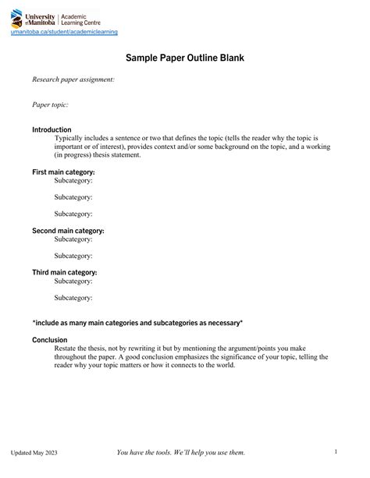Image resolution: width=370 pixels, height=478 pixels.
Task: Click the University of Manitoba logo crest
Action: [x=17, y=18]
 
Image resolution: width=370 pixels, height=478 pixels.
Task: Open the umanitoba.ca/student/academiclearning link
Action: [x=63, y=32]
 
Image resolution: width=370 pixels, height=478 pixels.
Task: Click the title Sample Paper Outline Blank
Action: [x=185, y=58]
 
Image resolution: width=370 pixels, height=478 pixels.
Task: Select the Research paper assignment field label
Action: [x=73, y=79]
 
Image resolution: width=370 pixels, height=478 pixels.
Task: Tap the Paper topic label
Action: [x=50, y=104]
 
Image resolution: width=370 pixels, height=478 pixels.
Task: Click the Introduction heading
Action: [x=52, y=129]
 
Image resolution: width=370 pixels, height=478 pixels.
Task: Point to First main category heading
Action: [x=63, y=172]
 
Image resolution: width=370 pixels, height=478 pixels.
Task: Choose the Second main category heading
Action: [x=68, y=231]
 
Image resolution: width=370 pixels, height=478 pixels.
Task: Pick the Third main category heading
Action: [x=64, y=273]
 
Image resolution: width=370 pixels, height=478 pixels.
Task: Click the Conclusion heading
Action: [x=49, y=340]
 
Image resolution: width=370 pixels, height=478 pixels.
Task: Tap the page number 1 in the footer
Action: [x=335, y=451]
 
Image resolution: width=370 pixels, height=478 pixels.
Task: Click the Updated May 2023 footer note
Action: [x=34, y=453]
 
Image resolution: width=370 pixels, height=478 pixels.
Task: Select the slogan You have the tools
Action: [x=180, y=452]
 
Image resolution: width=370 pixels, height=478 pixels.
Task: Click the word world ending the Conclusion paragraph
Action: [x=223, y=364]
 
